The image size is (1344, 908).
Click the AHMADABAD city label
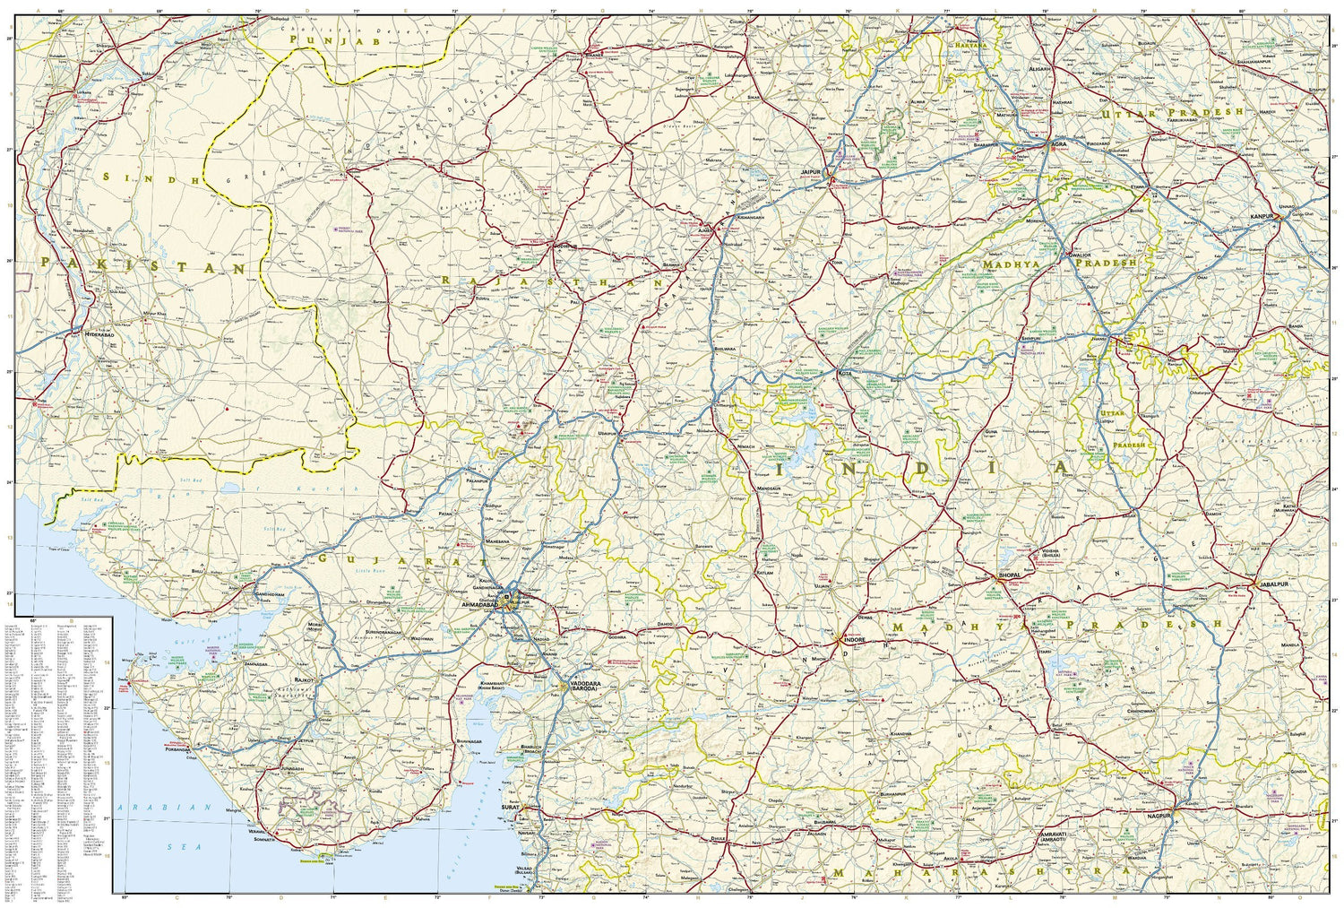[478, 606]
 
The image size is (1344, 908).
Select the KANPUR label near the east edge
[1262, 218]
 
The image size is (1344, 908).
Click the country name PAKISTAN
[143, 266]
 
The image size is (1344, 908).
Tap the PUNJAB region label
[336, 40]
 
